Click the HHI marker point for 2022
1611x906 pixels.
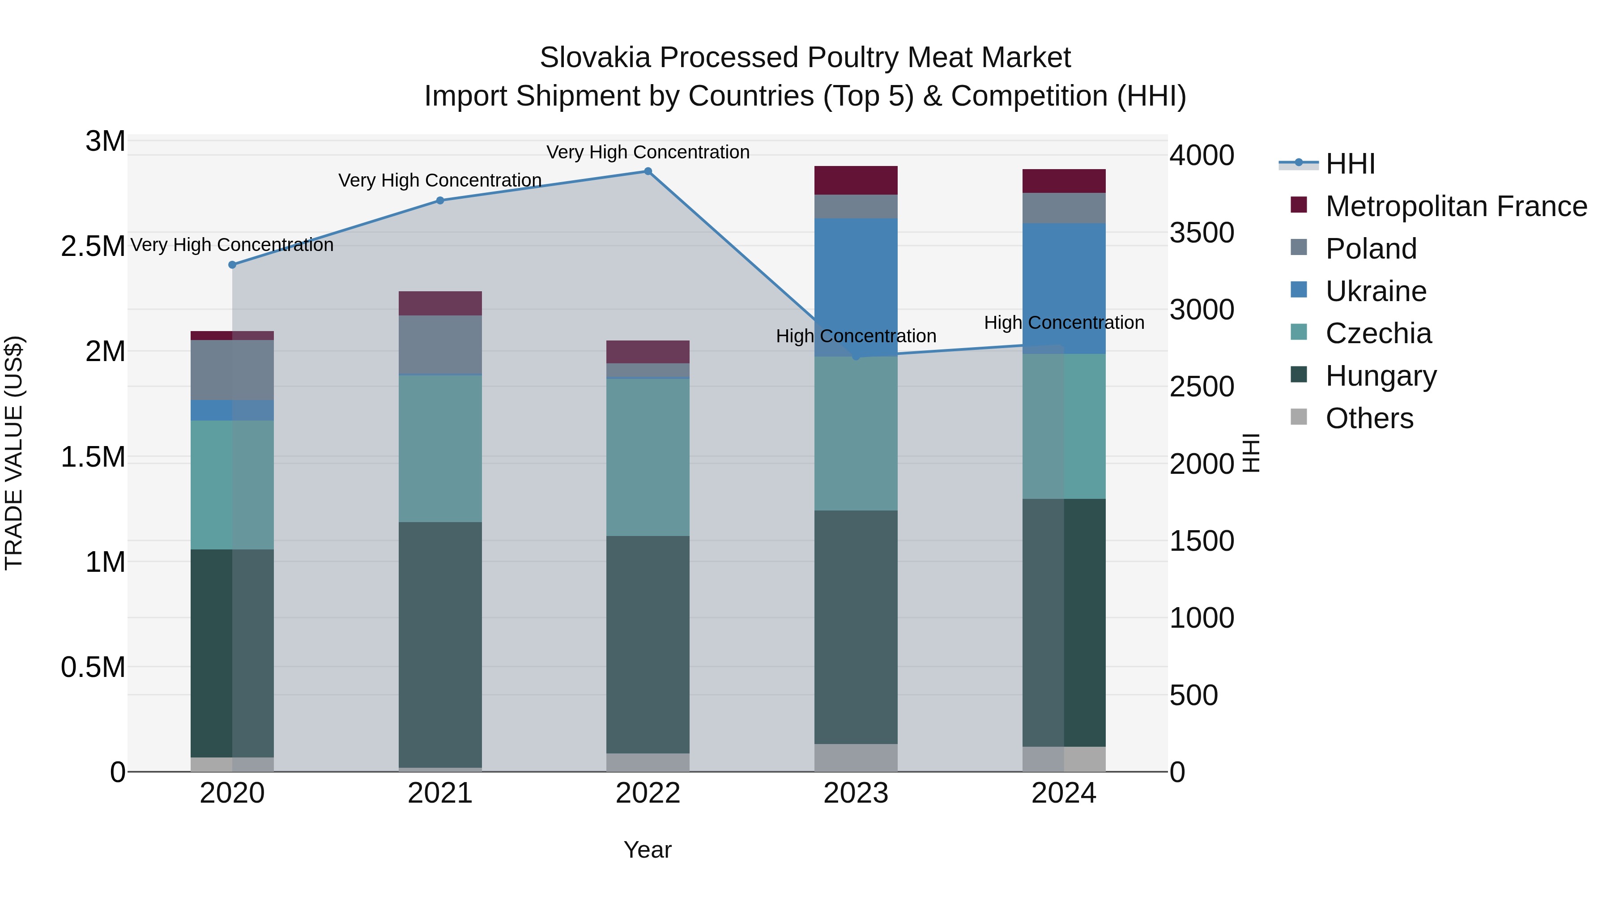click(x=648, y=171)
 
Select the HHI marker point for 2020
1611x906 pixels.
click(x=233, y=264)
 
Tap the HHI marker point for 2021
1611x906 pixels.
click(x=440, y=201)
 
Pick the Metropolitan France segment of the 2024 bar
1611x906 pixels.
click(x=1064, y=181)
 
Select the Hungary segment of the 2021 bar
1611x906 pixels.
click(x=440, y=644)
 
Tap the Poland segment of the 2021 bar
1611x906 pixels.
click(x=440, y=345)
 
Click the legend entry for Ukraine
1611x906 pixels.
click(x=1376, y=291)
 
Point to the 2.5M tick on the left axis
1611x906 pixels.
click(x=93, y=247)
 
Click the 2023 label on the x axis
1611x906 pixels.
click(x=856, y=793)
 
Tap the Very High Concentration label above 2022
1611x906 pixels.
click(x=648, y=152)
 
